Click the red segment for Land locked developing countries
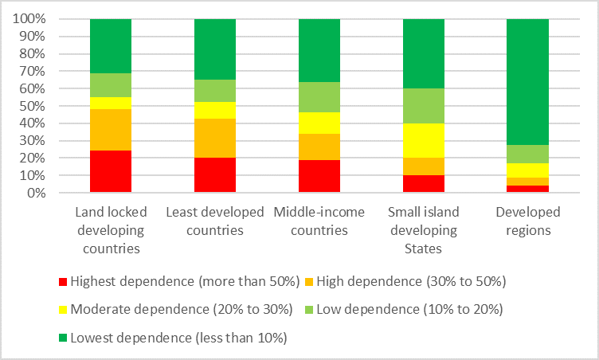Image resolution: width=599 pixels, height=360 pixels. [x=111, y=171]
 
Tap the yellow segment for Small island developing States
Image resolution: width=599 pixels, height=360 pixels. [x=424, y=140]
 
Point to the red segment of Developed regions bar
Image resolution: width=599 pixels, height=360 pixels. [x=528, y=189]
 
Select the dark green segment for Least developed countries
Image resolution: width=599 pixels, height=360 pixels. [x=215, y=49]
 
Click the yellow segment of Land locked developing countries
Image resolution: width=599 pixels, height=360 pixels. [x=111, y=103]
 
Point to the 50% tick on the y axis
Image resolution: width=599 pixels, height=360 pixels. [x=33, y=106]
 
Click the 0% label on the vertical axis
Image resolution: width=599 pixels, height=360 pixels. [x=37, y=193]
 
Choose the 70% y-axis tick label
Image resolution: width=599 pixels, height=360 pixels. [x=33, y=71]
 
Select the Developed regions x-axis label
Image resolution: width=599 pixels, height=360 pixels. [x=528, y=221]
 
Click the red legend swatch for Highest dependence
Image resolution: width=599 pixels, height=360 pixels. [x=64, y=281]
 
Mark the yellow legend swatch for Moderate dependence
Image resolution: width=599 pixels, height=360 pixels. [x=64, y=309]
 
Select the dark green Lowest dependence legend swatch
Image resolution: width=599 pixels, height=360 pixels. [x=64, y=338]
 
